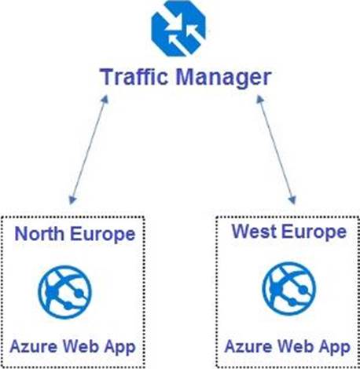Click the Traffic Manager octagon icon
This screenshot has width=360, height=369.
[x=178, y=28]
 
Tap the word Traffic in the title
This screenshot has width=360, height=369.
[x=134, y=77]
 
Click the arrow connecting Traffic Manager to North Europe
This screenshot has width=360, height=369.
[x=89, y=150]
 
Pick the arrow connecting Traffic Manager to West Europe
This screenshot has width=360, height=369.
[x=276, y=150]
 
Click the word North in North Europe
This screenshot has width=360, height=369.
[x=39, y=233]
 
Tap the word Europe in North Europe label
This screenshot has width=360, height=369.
[x=103, y=235]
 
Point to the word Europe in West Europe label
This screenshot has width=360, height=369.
[x=314, y=233]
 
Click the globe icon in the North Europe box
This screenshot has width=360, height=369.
[x=65, y=292]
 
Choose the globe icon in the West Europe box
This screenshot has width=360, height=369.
[x=289, y=289]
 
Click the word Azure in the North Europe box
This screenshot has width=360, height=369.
[x=34, y=346]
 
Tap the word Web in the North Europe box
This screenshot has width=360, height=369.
[x=81, y=346]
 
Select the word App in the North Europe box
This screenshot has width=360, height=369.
[x=119, y=348]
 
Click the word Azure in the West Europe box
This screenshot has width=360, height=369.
[x=248, y=346]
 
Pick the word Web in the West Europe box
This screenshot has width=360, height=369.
[x=296, y=346]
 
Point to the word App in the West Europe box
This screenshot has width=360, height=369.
[x=335, y=348]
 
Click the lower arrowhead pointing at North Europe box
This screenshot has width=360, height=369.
[x=72, y=200]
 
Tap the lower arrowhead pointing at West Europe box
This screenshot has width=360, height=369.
[x=292, y=200]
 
